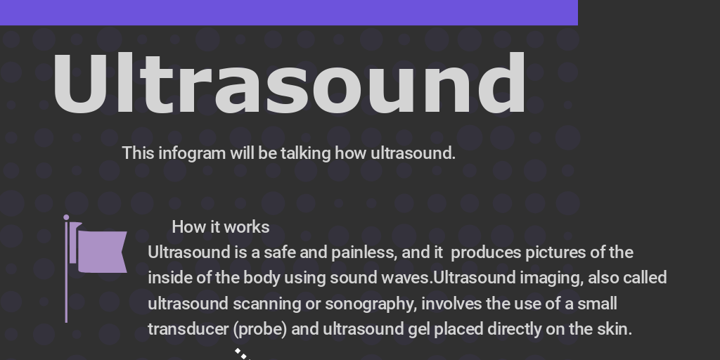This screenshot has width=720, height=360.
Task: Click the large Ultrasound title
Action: [289, 83]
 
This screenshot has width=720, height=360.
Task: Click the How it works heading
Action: [220, 226]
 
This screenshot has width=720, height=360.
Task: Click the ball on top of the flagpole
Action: [66, 218]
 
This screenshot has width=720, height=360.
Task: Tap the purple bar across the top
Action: [288, 12]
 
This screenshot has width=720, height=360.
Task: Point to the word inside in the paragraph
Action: [169, 278]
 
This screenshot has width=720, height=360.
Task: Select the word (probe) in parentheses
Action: [259, 329]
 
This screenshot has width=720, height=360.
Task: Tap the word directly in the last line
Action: [514, 329]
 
